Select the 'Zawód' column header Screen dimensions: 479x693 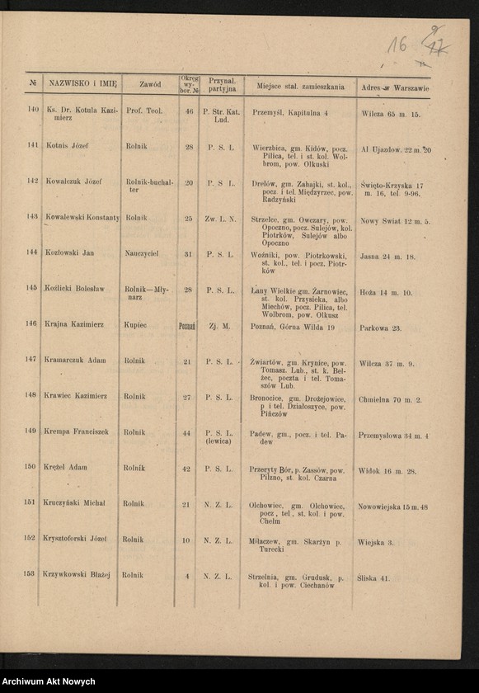click(x=150, y=84)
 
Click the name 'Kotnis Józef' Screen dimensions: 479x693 click(x=68, y=146)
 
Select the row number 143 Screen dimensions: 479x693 click(x=32, y=219)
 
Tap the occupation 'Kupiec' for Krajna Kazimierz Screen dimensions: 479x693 click(x=136, y=325)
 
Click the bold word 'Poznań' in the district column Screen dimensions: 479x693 click(x=187, y=326)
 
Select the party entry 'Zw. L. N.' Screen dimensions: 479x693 click(x=221, y=219)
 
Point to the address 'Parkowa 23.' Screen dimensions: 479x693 click(x=380, y=328)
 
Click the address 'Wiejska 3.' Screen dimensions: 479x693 click(x=376, y=542)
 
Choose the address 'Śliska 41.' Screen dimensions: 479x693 click(x=373, y=578)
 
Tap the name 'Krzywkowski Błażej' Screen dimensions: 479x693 click(x=77, y=575)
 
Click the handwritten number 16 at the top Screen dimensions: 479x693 click(x=397, y=45)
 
